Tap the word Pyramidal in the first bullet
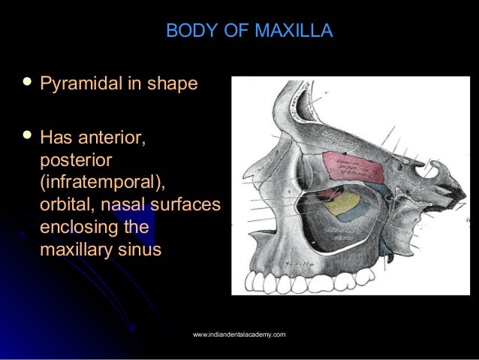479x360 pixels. (x=80, y=83)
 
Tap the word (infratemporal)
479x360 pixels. (x=102, y=183)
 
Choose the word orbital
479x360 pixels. (x=67, y=205)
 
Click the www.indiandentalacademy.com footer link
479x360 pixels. (x=239, y=334)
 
